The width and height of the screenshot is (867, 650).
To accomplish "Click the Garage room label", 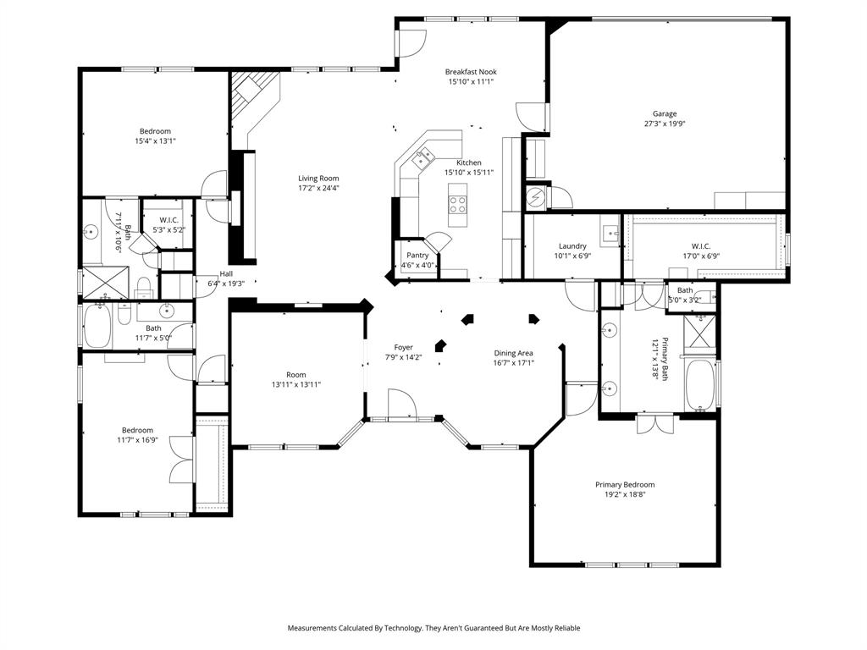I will point(664,113).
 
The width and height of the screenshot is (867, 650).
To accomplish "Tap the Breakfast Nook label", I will point(470,72).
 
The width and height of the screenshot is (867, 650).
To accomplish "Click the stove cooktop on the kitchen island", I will point(458,204).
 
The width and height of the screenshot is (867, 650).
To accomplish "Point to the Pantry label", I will point(417,255).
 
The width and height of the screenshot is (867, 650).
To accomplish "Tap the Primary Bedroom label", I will point(624,485).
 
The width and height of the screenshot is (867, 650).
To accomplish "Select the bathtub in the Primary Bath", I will point(701,386).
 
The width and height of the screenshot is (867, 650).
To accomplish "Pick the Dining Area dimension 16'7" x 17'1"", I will point(514,362).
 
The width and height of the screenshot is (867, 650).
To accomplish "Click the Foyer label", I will point(403,347).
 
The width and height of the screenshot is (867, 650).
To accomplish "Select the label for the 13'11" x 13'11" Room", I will point(295,374).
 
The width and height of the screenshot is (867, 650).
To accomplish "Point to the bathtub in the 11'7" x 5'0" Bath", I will point(97,326).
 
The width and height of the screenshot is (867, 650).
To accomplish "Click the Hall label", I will point(226,273).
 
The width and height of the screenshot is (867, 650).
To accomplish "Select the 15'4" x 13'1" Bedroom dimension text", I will point(155,141).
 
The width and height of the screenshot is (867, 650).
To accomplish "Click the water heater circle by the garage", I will point(536,198).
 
